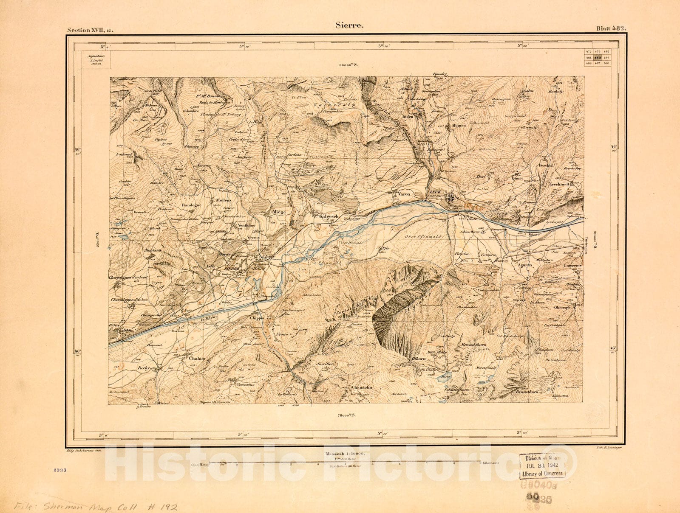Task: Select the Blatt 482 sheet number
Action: click(611, 29)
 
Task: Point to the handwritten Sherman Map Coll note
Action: click(93, 506)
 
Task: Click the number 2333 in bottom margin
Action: click(60, 470)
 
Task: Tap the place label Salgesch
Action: click(328, 216)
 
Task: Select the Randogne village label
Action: click(192, 204)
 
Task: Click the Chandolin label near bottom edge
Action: click(362, 387)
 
